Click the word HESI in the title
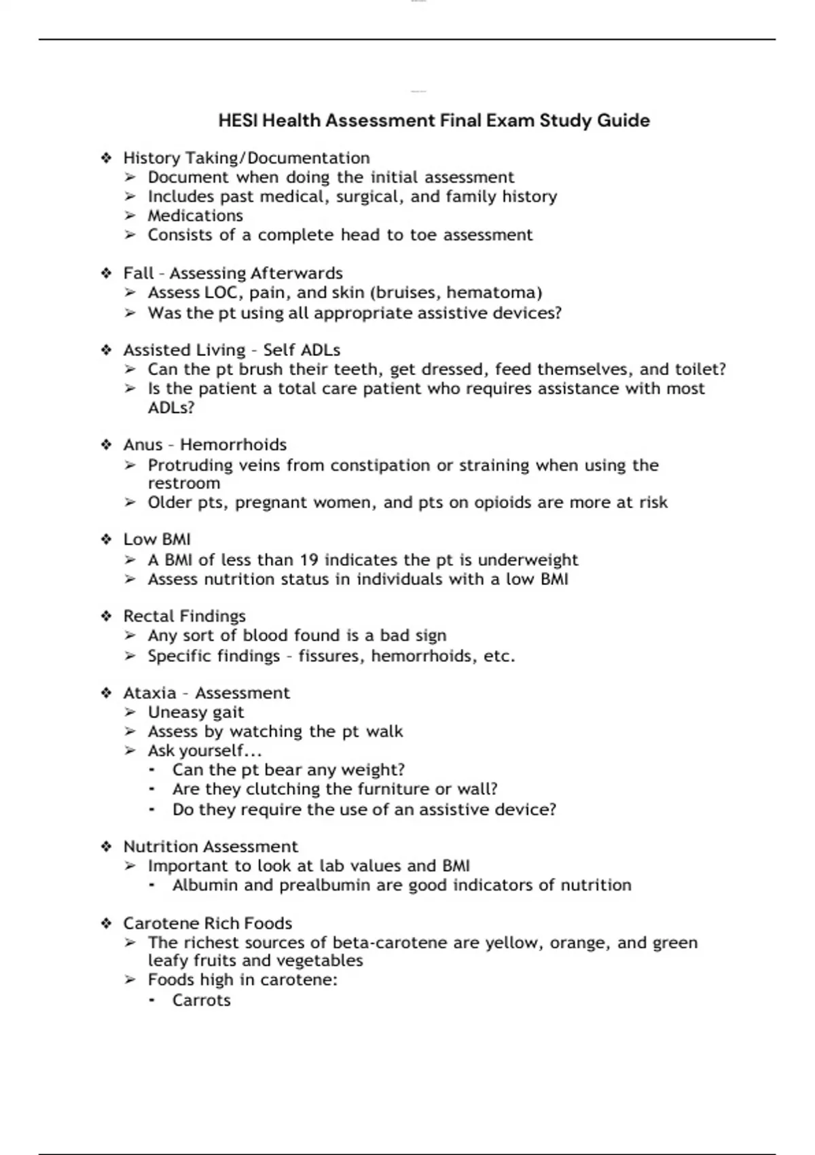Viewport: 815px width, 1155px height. coord(238,121)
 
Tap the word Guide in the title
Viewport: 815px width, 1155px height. coord(623,121)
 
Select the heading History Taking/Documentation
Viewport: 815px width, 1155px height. coord(246,158)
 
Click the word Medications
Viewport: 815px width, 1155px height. coord(195,216)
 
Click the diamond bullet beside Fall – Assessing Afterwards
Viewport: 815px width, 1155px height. coord(107,273)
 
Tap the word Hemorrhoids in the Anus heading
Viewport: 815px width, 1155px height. coord(233,445)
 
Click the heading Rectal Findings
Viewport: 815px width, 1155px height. coord(184,616)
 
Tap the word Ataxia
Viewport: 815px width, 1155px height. coord(149,693)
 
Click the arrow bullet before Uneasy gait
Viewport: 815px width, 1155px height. coord(130,713)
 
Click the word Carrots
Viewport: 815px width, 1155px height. coord(201,1001)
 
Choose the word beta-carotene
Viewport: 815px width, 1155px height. coord(389,943)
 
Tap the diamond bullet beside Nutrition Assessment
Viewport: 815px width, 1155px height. coord(107,847)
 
